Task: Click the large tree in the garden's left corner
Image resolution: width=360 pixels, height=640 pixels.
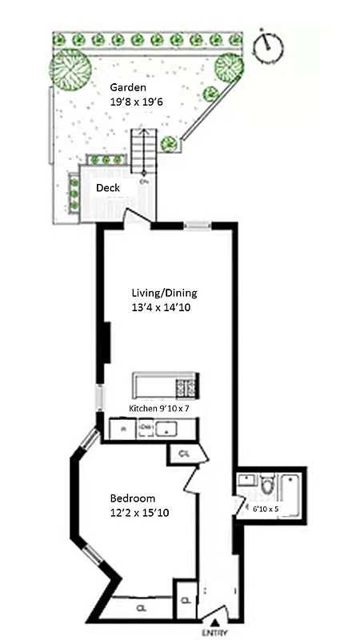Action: [70, 69]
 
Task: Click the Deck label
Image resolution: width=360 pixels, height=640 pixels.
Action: [108, 188]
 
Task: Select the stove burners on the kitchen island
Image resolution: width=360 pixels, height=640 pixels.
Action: [186, 387]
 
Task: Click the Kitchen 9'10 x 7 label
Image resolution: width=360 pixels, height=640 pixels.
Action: [158, 409]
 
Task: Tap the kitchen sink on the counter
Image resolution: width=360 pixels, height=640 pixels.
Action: [169, 430]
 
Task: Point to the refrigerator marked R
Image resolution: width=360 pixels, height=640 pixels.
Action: [122, 430]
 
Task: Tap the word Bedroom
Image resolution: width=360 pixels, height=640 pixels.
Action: [133, 498]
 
